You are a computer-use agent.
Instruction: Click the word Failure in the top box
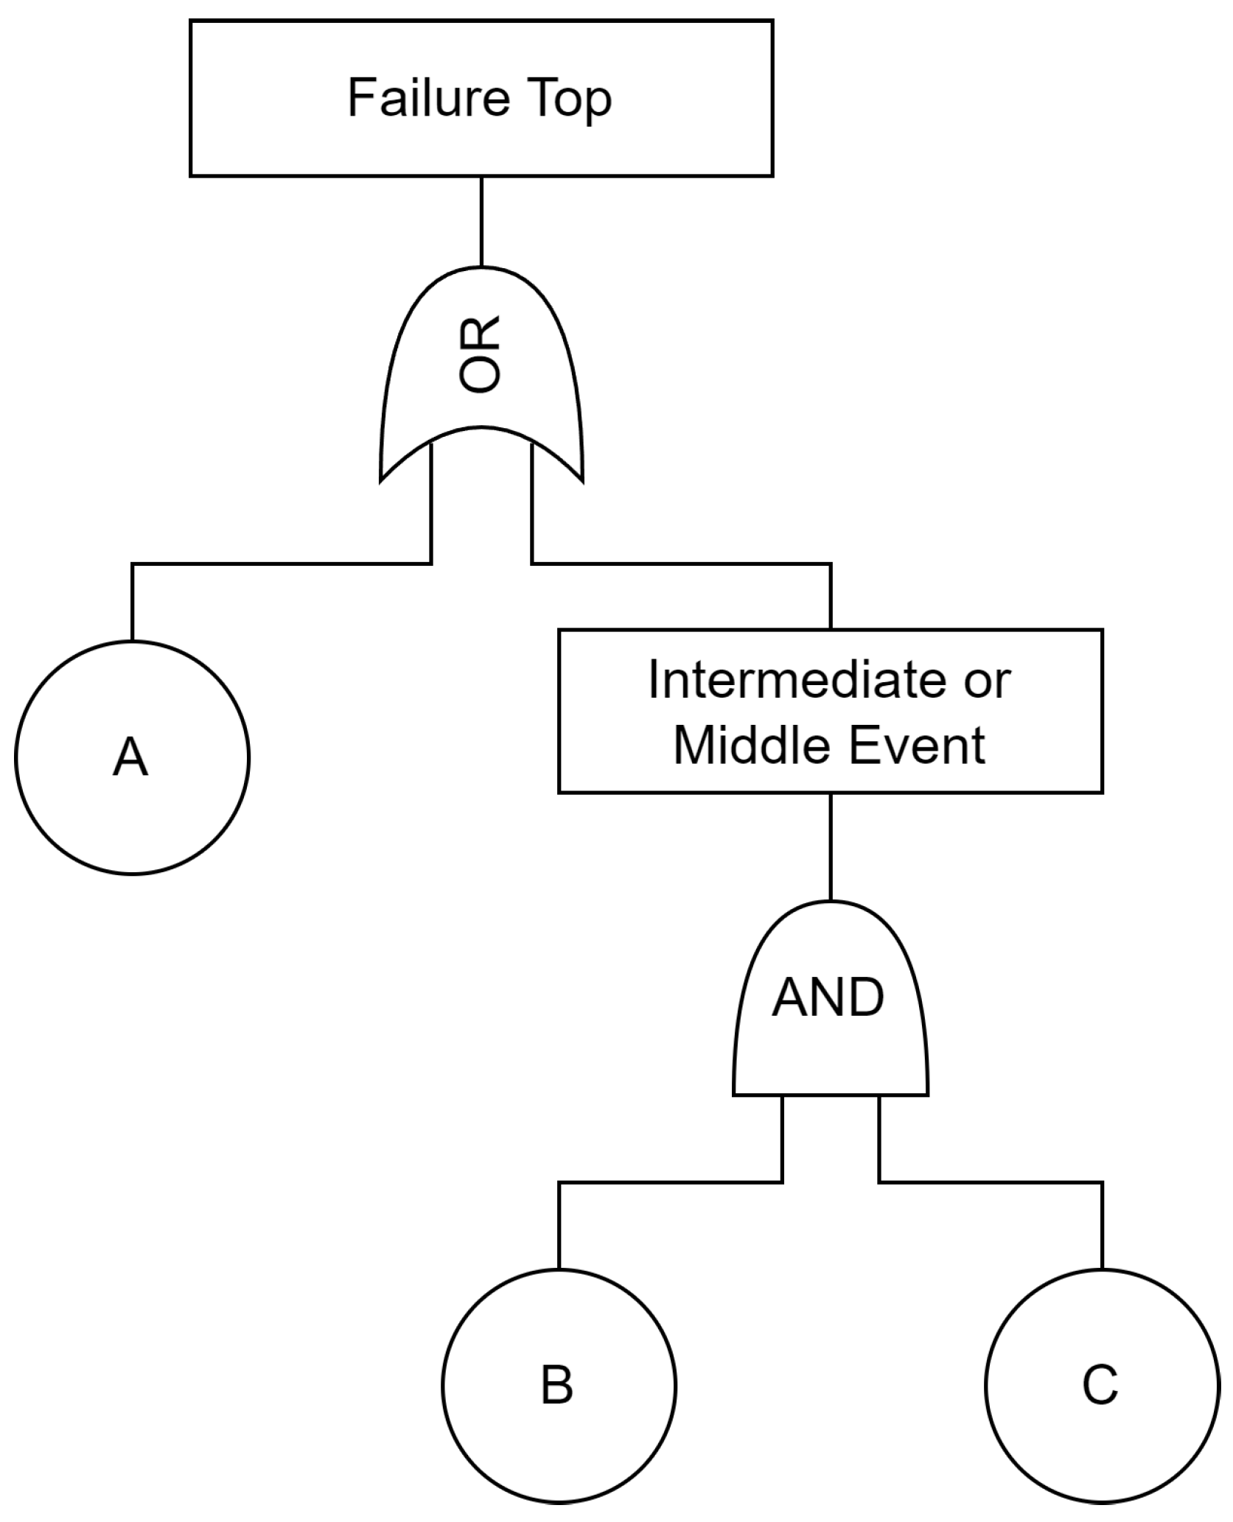pyautogui.click(x=427, y=98)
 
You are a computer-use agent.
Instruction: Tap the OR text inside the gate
pyautogui.click(x=480, y=354)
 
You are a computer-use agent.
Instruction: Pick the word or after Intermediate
pyautogui.click(x=988, y=681)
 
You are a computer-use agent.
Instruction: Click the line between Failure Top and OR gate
pyautogui.click(x=481, y=221)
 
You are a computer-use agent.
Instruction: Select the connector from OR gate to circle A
pyautogui.click(x=280, y=564)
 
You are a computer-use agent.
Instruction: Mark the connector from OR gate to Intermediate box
pyautogui.click(x=682, y=564)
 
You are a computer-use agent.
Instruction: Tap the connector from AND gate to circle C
pyautogui.click(x=991, y=1182)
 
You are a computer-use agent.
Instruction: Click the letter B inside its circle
pyautogui.click(x=557, y=1385)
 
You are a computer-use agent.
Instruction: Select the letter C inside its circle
pyautogui.click(x=1100, y=1384)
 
